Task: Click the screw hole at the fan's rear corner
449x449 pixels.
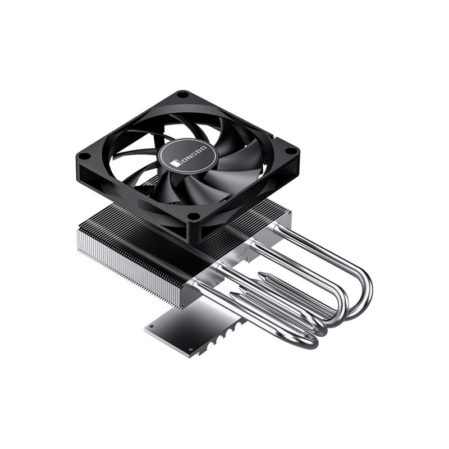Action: (182, 96)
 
